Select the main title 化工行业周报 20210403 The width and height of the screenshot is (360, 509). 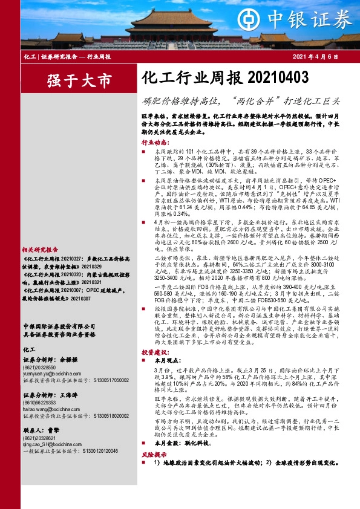tap(224, 77)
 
